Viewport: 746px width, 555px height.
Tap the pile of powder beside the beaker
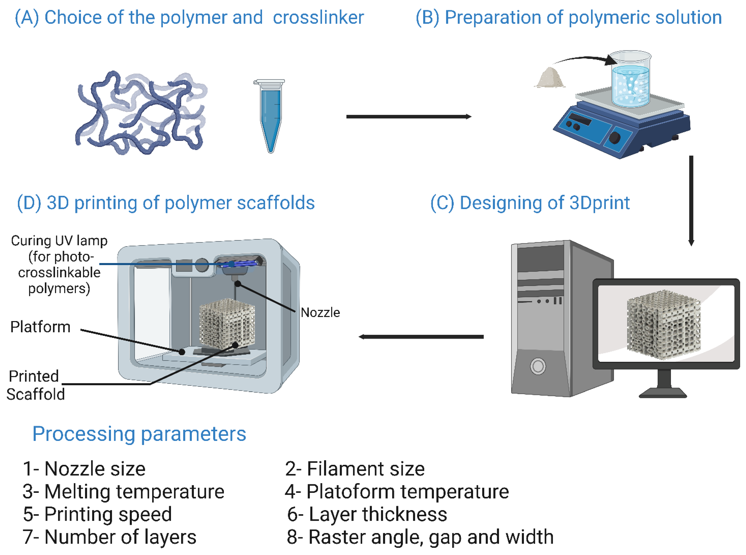coord(549,78)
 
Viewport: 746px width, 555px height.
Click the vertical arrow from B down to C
coord(691,200)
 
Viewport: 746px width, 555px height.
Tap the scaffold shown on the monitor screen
coord(663,324)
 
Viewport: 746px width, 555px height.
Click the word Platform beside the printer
coord(40,327)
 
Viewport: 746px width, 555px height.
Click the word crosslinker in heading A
coord(318,18)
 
